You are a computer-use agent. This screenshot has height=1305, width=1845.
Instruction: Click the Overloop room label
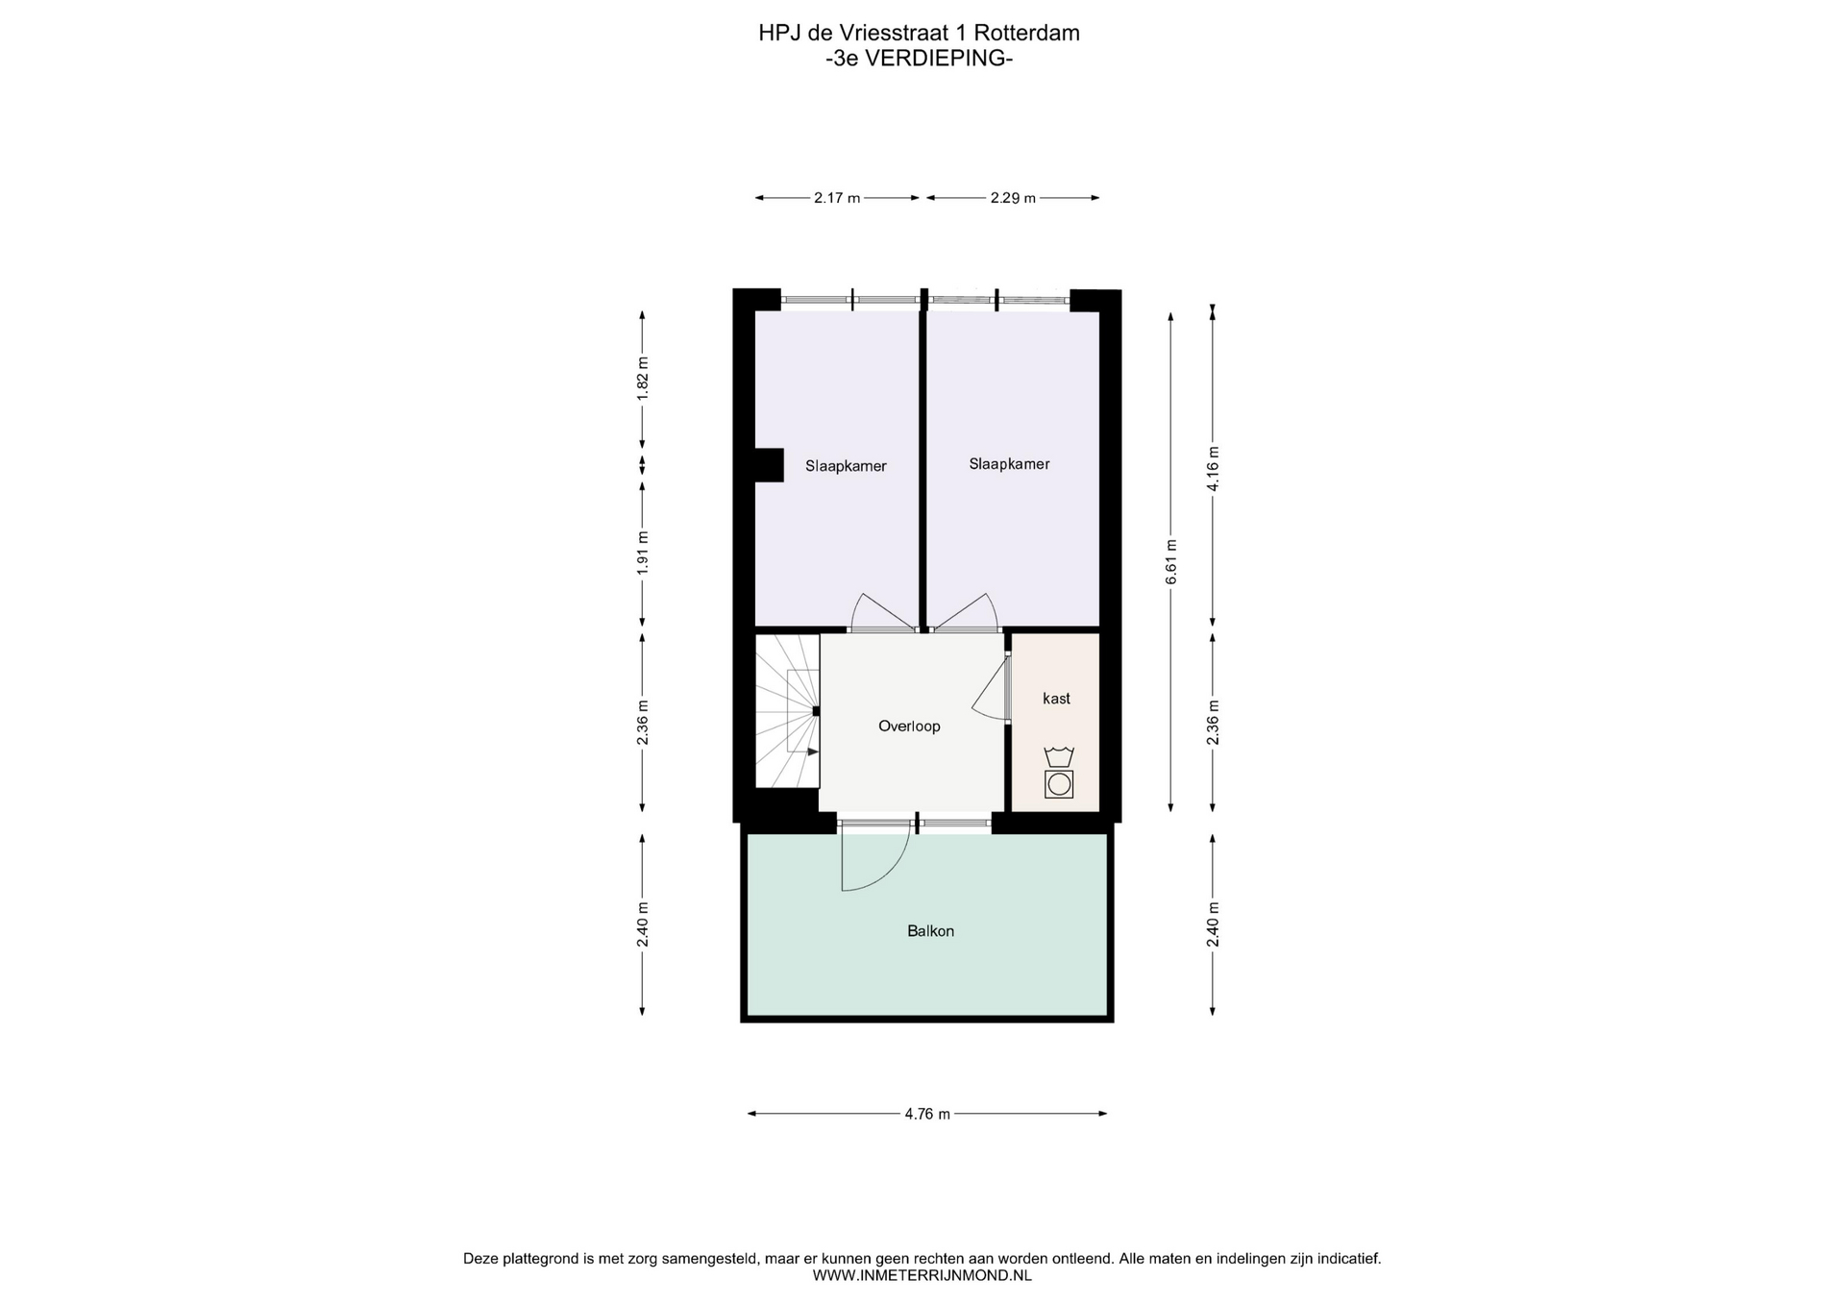909,726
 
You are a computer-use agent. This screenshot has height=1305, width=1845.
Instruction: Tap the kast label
1056,699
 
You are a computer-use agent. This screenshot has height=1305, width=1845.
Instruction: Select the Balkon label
930,931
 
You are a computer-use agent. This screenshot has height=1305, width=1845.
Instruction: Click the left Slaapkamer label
846,466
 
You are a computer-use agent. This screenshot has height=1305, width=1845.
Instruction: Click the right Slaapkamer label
1009,464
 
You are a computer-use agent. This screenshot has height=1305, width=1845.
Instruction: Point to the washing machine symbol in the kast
1059,774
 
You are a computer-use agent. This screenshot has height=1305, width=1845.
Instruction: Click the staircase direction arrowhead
814,751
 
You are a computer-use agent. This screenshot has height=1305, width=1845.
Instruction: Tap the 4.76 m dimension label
927,1114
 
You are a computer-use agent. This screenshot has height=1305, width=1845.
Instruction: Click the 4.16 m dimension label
1213,469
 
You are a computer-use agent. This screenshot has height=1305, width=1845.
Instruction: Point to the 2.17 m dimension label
837,198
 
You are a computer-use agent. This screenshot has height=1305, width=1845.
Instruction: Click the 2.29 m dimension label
1013,198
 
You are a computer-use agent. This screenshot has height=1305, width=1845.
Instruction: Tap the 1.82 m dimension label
643,380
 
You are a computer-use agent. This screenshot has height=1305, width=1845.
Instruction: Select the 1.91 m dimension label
643,554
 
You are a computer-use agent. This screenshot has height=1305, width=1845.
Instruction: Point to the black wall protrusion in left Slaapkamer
768,465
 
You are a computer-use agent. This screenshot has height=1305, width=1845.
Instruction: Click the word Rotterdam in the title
1026,33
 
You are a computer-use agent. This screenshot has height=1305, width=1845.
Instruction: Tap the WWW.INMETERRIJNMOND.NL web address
922,1275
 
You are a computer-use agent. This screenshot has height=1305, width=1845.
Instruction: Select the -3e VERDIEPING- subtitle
920,58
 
